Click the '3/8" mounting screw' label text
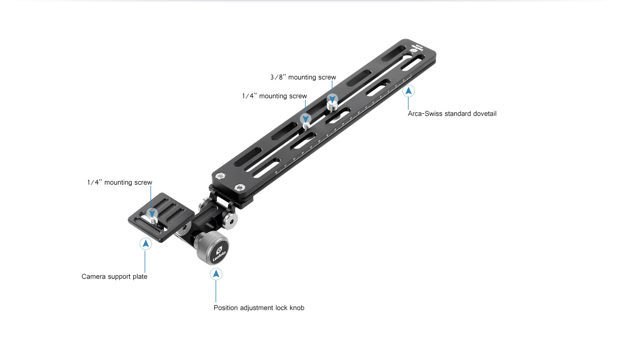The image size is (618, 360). (303, 77)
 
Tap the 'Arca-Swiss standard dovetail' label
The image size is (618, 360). (452, 114)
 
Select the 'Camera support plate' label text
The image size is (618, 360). (114, 277)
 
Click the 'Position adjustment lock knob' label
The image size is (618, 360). (259, 308)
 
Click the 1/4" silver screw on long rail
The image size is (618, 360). (306, 126)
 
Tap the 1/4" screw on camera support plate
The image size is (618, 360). (153, 220)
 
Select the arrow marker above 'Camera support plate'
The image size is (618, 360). (146, 243)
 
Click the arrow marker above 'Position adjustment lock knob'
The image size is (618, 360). (216, 274)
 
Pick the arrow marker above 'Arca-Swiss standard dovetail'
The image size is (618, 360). (408, 91)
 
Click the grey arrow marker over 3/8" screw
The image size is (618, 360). (332, 99)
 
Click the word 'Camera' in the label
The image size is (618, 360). (93, 277)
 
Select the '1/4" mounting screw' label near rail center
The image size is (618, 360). (274, 96)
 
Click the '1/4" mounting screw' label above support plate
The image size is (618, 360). (120, 182)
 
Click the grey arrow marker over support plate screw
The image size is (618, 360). (152, 213)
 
